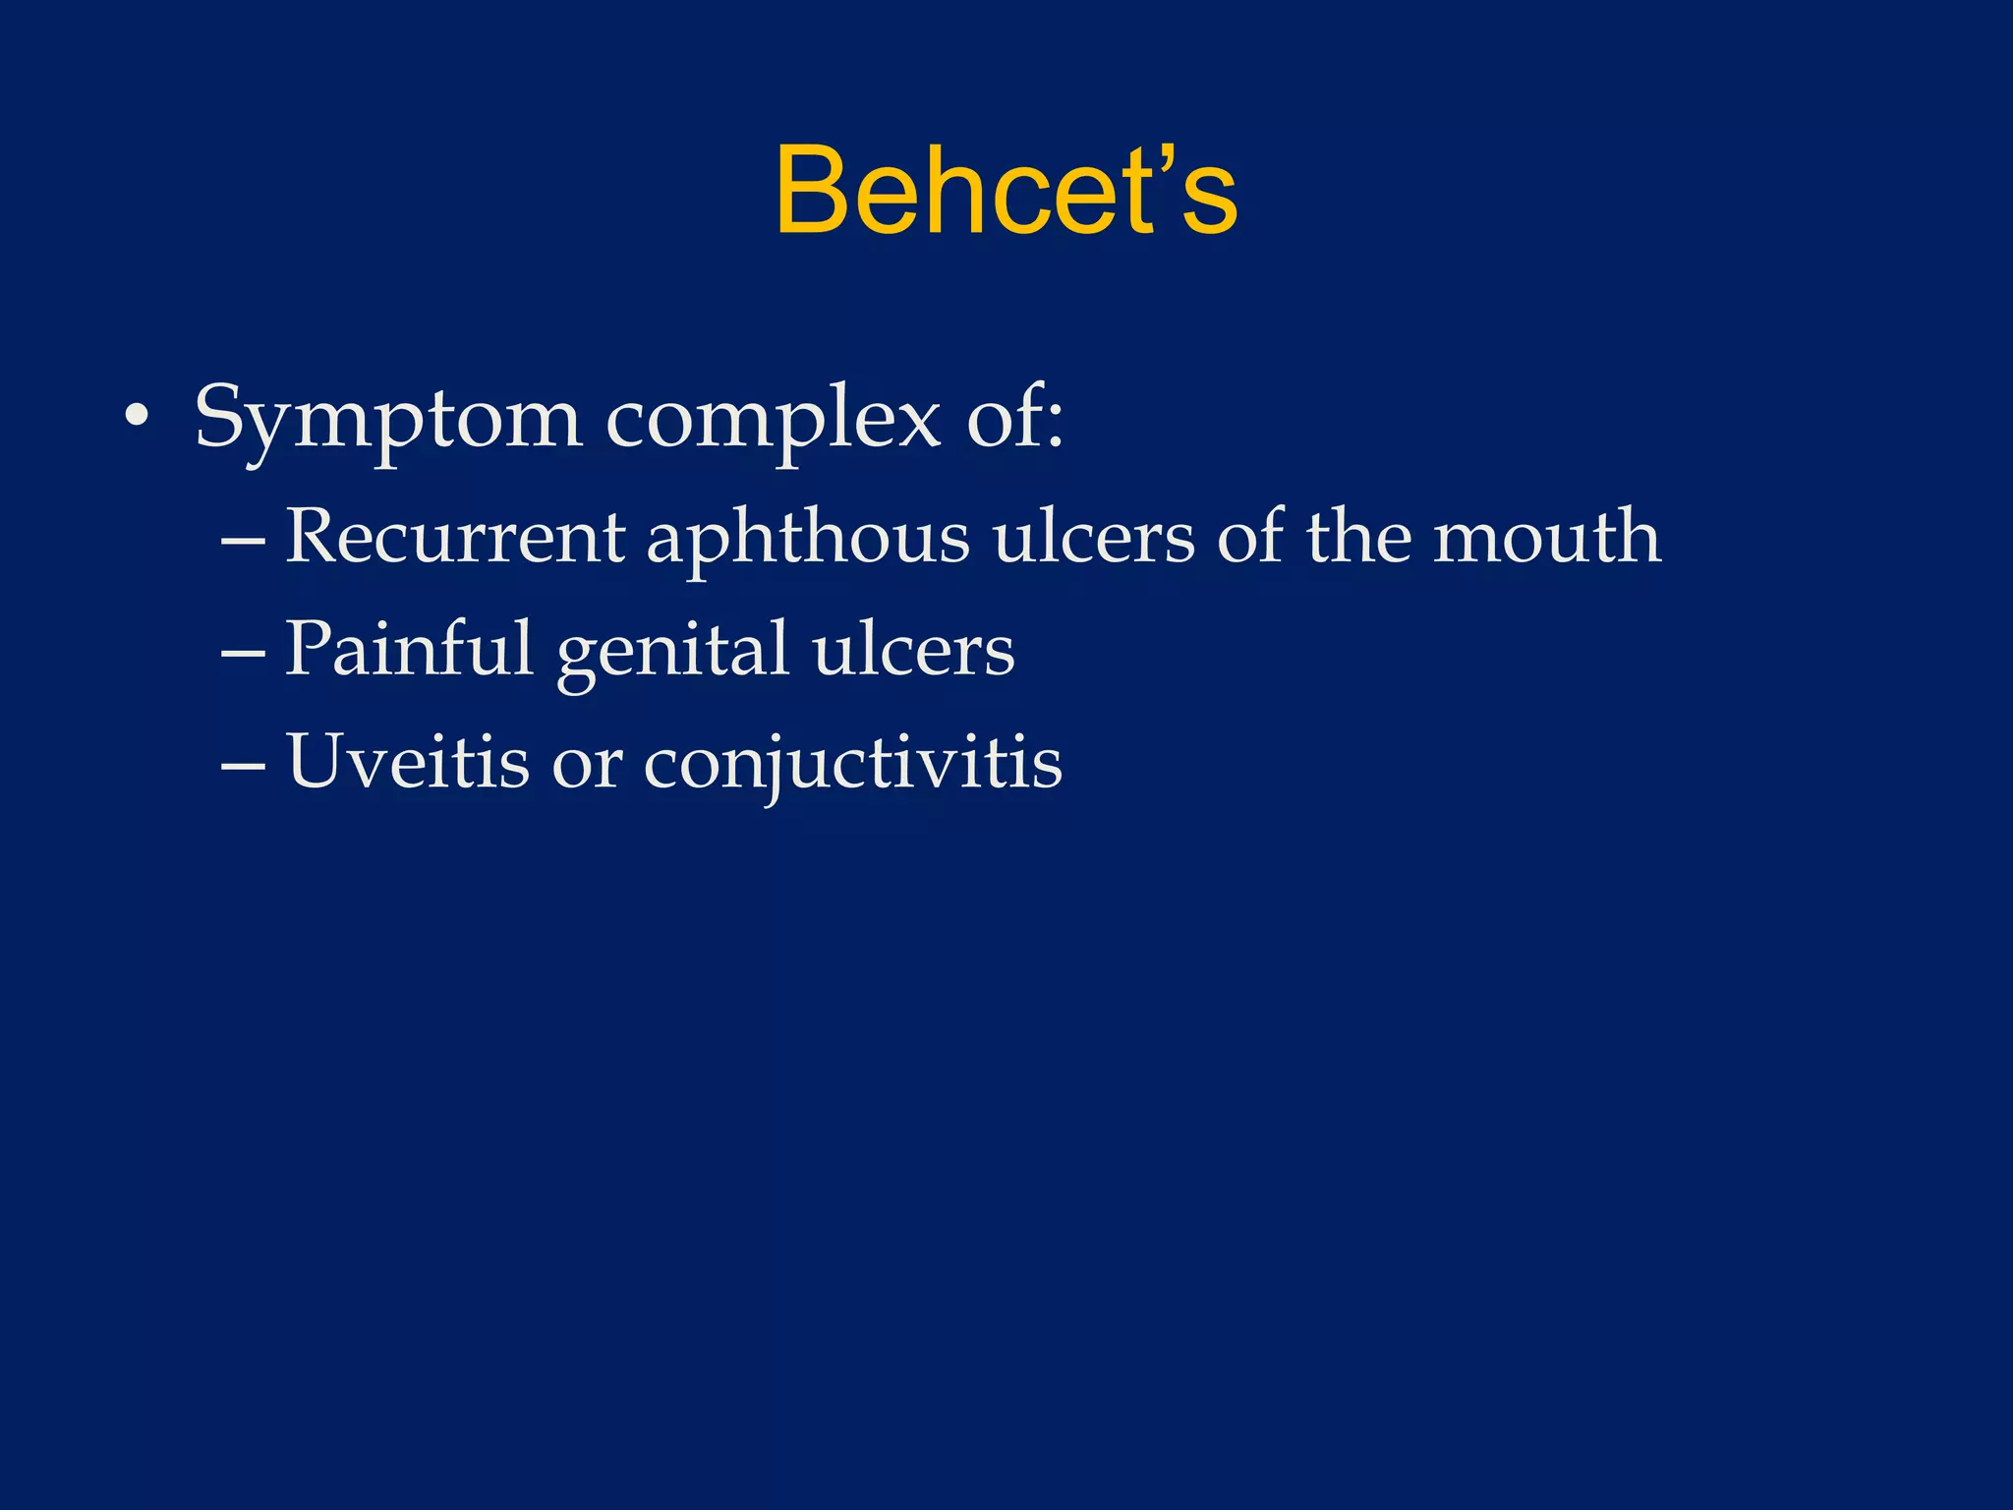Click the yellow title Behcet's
coord(1006,191)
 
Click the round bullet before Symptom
coord(137,421)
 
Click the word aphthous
coord(807,539)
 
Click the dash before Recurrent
coord(243,541)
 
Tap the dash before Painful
coord(243,653)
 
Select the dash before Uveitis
coord(243,765)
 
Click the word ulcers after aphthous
coord(1094,539)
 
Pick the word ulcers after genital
coord(913,651)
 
